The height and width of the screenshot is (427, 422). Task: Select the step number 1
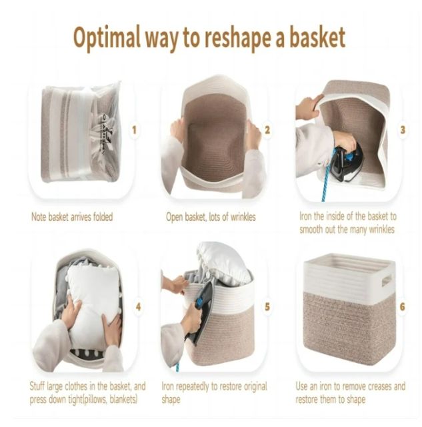coord(134,130)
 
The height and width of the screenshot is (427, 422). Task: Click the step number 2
coord(267,130)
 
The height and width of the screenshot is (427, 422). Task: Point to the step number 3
coord(403,130)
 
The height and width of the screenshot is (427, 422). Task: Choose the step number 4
coord(138,307)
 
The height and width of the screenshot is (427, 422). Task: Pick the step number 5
coord(267,307)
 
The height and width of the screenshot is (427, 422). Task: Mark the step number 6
coord(403,307)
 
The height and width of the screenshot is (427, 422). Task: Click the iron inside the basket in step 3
coord(345,163)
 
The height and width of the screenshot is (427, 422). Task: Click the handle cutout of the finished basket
coord(387,280)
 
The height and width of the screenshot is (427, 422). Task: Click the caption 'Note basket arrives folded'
coord(72,217)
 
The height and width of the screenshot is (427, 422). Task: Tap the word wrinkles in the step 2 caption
coord(243,217)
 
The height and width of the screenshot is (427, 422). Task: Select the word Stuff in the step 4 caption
coord(37,386)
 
